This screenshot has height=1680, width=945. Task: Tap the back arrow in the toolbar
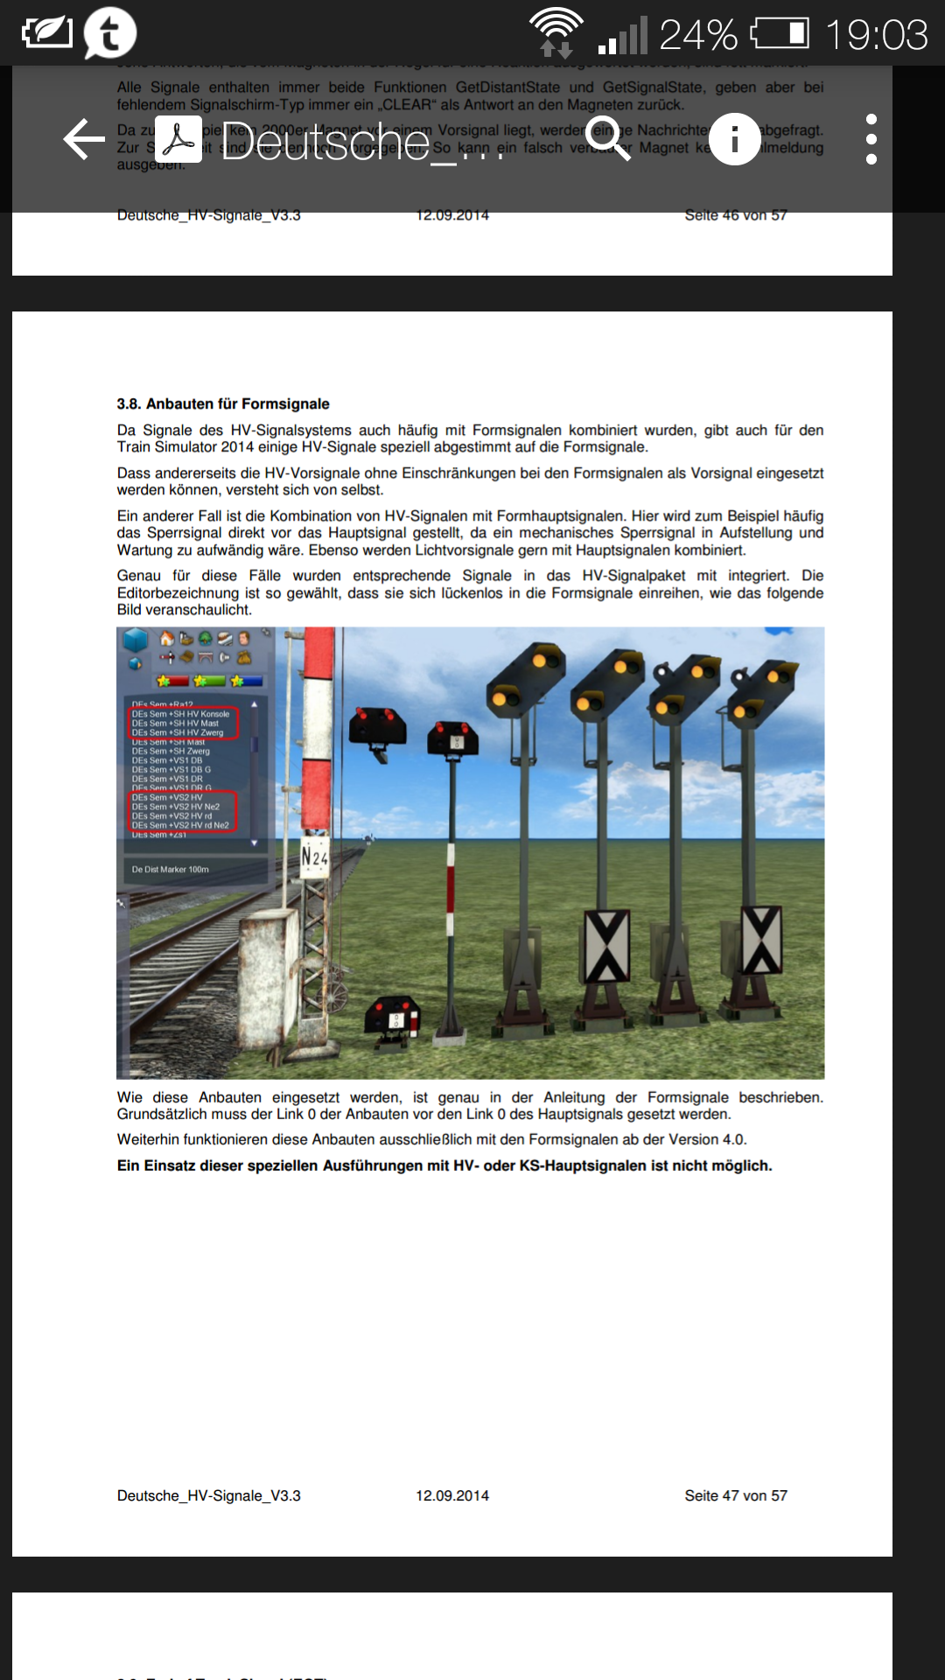pyautogui.click(x=85, y=139)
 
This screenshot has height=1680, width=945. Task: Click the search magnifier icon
pyautogui.click(x=609, y=138)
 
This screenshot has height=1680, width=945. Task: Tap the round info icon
pyautogui.click(x=734, y=138)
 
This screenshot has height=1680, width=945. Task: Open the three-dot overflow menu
pyautogui.click(x=871, y=138)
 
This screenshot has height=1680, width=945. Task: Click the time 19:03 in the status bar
pyautogui.click(x=876, y=35)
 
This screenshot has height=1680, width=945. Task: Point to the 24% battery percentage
pyautogui.click(x=697, y=35)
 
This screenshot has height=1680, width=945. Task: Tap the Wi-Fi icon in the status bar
pyautogui.click(x=556, y=31)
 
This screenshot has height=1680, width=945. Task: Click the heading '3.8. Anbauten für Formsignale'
pyautogui.click(x=223, y=403)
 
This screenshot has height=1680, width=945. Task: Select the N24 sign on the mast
pyautogui.click(x=314, y=856)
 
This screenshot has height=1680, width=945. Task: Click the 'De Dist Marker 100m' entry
pyautogui.click(x=171, y=870)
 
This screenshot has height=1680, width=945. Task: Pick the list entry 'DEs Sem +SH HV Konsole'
pyautogui.click(x=180, y=714)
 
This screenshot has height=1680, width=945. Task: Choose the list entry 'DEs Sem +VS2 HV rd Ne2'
pyautogui.click(x=180, y=825)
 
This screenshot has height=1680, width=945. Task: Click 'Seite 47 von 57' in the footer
pyautogui.click(x=736, y=1495)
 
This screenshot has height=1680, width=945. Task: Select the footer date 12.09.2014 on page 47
pyautogui.click(x=452, y=1495)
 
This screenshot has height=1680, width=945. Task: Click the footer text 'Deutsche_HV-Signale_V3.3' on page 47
pyautogui.click(x=209, y=1495)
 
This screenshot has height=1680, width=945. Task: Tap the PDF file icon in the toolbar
pyautogui.click(x=178, y=138)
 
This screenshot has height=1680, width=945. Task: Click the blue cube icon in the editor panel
pyautogui.click(x=136, y=640)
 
